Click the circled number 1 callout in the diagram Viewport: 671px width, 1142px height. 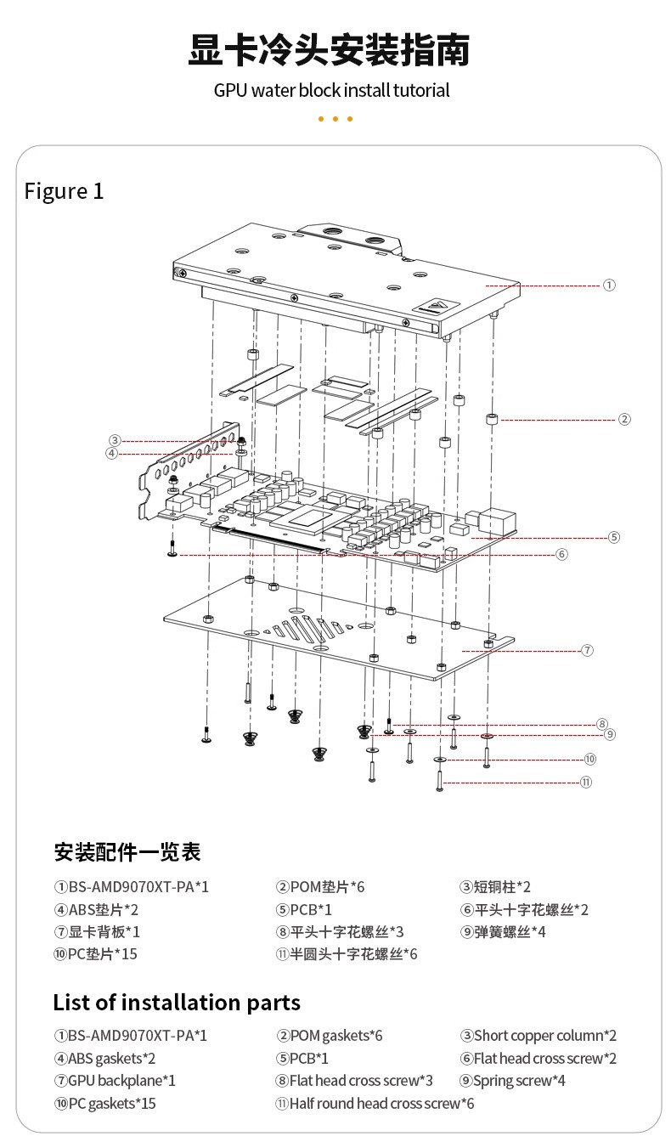click(609, 285)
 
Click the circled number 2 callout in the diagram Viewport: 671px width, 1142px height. click(624, 419)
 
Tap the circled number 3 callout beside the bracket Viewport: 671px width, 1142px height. click(115, 440)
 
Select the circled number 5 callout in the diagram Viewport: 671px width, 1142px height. click(614, 537)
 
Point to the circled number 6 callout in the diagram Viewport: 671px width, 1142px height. click(561, 554)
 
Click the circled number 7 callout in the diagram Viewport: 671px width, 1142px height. click(587, 650)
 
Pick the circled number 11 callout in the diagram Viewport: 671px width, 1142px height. click(586, 782)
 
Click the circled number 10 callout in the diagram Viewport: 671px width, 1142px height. click(590, 759)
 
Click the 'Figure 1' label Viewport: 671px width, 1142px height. click(64, 191)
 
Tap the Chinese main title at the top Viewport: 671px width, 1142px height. click(329, 50)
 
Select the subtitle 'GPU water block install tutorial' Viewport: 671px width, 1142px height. click(331, 90)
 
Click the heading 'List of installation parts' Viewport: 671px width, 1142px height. click(177, 1003)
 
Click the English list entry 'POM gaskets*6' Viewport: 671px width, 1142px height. click(329, 1035)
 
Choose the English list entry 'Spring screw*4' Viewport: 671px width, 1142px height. click(513, 1081)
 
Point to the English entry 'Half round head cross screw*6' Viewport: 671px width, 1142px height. click(375, 1104)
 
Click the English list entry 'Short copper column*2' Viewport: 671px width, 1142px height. click(538, 1035)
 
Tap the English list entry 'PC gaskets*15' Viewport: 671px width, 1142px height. click(105, 1104)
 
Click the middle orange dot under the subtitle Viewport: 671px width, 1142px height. click(335, 119)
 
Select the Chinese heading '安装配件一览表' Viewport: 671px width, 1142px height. click(127, 851)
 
